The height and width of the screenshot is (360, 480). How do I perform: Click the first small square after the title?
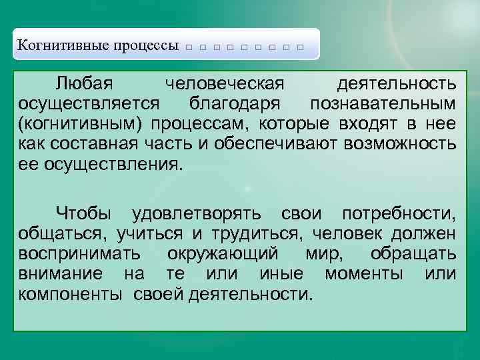tap(189, 48)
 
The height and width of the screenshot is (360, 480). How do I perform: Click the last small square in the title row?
tap(301, 48)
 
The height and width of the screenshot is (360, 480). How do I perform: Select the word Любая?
tap(83, 85)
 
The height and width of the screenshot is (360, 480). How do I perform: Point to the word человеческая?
tap(225, 85)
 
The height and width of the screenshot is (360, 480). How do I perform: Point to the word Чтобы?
tap(83, 214)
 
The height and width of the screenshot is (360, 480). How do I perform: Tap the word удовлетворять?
tap(201, 214)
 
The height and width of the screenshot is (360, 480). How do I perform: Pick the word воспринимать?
tap(79, 254)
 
